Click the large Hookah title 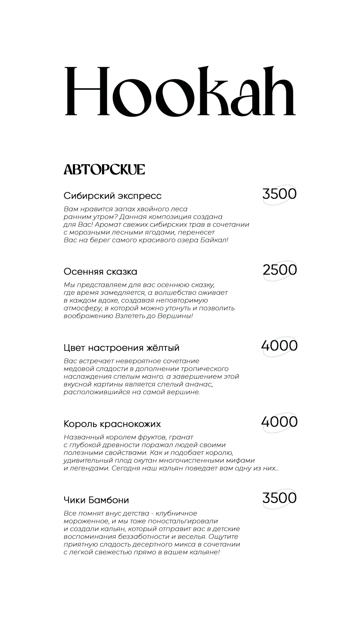click(x=180, y=91)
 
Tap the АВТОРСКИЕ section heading click(x=104, y=170)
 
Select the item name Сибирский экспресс click(x=112, y=196)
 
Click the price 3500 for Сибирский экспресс click(x=279, y=194)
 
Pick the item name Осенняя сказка click(x=100, y=272)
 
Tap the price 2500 click(x=280, y=270)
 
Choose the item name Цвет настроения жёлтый click(x=121, y=348)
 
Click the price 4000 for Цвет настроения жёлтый click(x=279, y=346)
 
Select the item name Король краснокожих click(x=112, y=424)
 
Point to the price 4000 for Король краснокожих click(x=279, y=422)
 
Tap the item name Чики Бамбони click(x=96, y=500)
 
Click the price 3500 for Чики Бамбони click(x=279, y=498)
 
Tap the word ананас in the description click(x=200, y=384)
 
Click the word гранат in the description click(x=182, y=437)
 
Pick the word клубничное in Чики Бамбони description click(x=176, y=513)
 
